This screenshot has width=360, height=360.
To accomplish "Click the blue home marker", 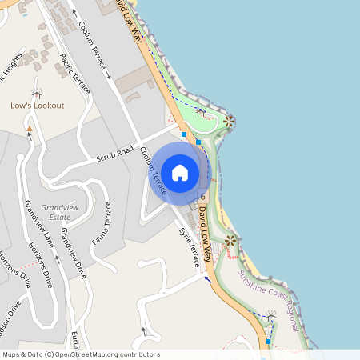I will coord(180,172).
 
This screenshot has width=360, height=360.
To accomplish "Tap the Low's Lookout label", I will coord(38,106).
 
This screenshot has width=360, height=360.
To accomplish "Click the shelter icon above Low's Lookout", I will coord(35,92).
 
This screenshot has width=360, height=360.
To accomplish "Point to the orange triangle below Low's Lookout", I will coord(30,128).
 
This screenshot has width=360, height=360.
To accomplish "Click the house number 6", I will coord(203,196).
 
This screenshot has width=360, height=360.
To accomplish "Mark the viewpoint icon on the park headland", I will coord(230,122).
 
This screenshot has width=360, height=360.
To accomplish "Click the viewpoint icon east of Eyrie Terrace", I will coord(231,240).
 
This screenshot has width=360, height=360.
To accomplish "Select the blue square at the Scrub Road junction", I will coord(184,135).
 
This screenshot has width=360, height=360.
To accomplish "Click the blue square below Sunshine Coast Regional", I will coord(267,342).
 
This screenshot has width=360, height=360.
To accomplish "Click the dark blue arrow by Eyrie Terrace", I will coord(208,278).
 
